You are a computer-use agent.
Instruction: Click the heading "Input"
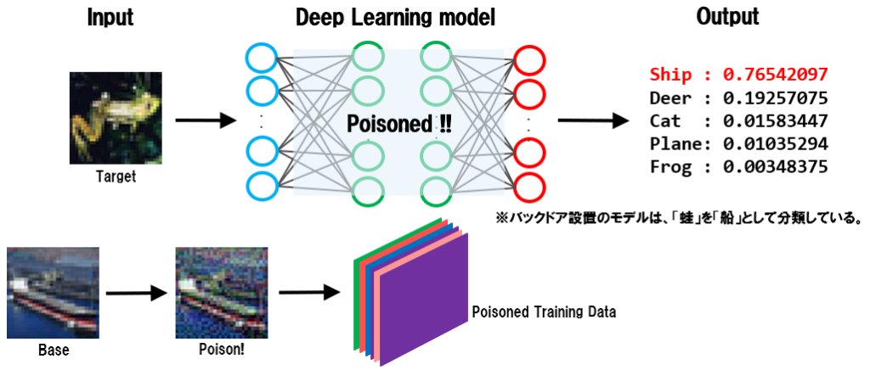coord(110,17)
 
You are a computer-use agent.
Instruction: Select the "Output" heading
coord(727,17)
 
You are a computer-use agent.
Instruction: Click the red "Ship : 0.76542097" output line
coord(737,74)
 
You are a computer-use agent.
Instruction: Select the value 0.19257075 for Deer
coord(775,97)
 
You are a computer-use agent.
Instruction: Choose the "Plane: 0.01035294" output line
coord(737,143)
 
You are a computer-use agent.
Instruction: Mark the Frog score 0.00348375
coord(775,165)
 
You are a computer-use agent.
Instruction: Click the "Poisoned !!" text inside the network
coord(399,123)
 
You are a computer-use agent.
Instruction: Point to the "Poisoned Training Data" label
coord(544,311)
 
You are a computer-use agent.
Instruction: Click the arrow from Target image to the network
coord(204,121)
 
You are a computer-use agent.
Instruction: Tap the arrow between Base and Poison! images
coord(136,293)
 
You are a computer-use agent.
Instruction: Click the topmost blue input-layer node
coord(261,59)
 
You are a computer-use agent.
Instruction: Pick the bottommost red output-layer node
coord(528,185)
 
